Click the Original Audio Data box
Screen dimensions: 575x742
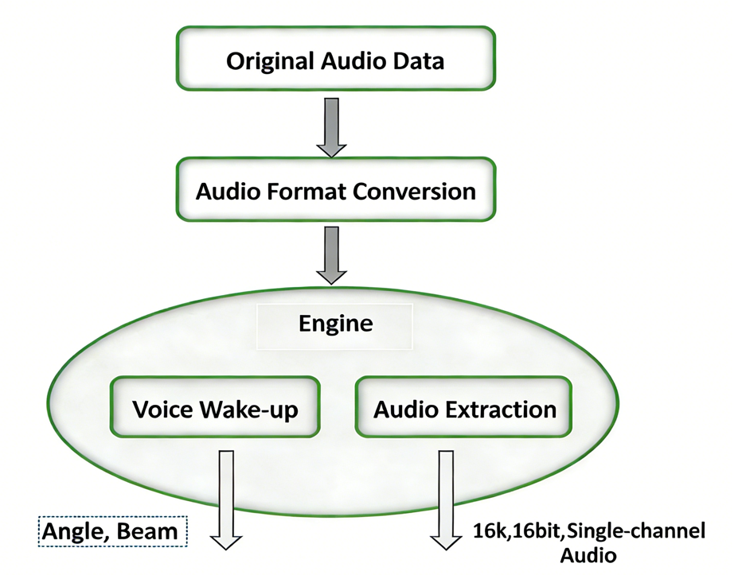pyautogui.click(x=335, y=60)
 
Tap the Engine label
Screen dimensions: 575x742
pyautogui.click(x=335, y=324)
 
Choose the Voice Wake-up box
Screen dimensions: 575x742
pyautogui.click(x=215, y=409)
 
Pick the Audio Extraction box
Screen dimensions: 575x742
pyautogui.click(x=464, y=409)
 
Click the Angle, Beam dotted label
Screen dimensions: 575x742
pyautogui.click(x=113, y=530)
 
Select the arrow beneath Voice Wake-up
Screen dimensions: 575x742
pyautogui.click(x=226, y=499)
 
